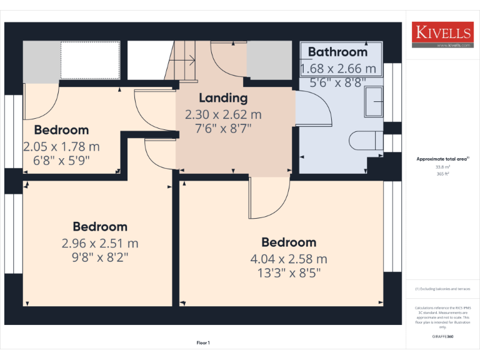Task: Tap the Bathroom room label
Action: (337, 52)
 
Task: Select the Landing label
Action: (223, 98)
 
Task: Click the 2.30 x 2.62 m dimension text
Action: (223, 115)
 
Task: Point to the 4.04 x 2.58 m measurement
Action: (289, 259)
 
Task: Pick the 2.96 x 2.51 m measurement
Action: (100, 243)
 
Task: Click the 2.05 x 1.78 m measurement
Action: (61, 146)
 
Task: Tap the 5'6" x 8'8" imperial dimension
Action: (337, 81)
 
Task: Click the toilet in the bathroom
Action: (365, 140)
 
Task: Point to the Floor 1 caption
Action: (203, 342)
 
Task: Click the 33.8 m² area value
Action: (442, 167)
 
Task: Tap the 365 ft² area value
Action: (442, 174)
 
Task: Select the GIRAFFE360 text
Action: (442, 337)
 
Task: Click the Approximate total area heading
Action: (442, 159)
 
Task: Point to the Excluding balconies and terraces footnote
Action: (442, 289)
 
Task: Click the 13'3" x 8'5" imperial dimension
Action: (289, 272)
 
